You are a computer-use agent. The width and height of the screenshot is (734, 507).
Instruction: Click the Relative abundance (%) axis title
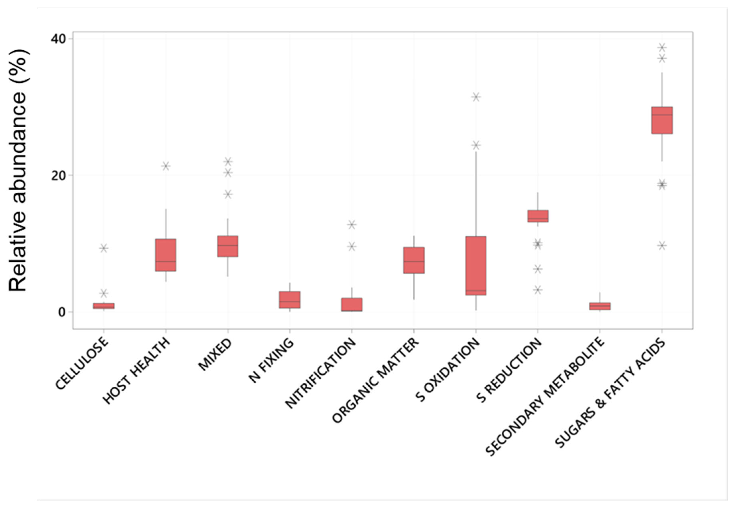pyautogui.click(x=18, y=171)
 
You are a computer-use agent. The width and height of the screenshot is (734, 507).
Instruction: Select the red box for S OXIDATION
pyautogui.click(x=476, y=266)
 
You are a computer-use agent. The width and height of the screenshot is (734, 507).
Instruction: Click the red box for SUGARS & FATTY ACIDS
pyautogui.click(x=662, y=120)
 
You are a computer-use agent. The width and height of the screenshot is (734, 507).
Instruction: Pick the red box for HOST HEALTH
pyautogui.click(x=166, y=255)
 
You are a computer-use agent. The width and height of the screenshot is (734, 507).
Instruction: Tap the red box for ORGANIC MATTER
pyautogui.click(x=414, y=260)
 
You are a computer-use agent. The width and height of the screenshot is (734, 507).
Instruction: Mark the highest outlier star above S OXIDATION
pyautogui.click(x=476, y=97)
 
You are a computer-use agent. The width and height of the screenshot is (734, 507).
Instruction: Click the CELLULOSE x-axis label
pyautogui.click(x=82, y=363)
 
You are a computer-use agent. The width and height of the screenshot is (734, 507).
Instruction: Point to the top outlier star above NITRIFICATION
pyautogui.click(x=352, y=225)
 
